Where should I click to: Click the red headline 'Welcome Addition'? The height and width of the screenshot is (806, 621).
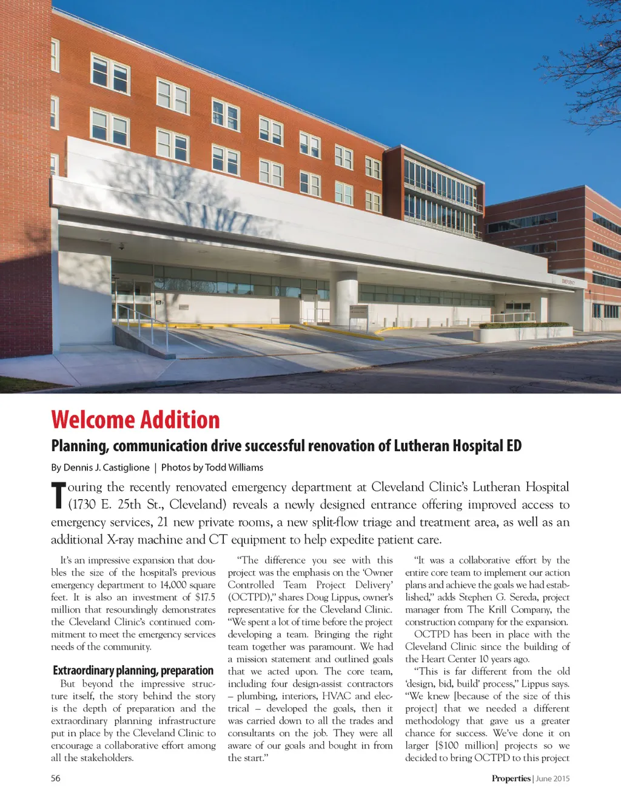click(x=135, y=420)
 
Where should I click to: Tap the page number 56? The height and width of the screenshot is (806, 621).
click(x=56, y=779)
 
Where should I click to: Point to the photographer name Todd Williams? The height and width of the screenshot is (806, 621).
click(x=234, y=468)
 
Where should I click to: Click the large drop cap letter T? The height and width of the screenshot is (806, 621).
click(x=58, y=495)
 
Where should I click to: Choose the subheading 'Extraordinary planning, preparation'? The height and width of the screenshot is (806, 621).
click(x=133, y=671)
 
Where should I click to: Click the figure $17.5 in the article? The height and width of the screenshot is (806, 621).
click(x=205, y=597)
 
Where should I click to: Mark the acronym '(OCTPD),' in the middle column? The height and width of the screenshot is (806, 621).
click(x=250, y=597)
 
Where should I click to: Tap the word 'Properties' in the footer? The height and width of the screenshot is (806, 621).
click(x=511, y=779)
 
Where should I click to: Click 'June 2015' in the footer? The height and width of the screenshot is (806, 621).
click(x=553, y=779)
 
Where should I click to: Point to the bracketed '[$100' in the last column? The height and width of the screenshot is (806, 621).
click(x=447, y=745)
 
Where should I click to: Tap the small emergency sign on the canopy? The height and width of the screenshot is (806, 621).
click(x=568, y=282)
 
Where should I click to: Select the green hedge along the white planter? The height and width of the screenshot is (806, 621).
click(x=525, y=325)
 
